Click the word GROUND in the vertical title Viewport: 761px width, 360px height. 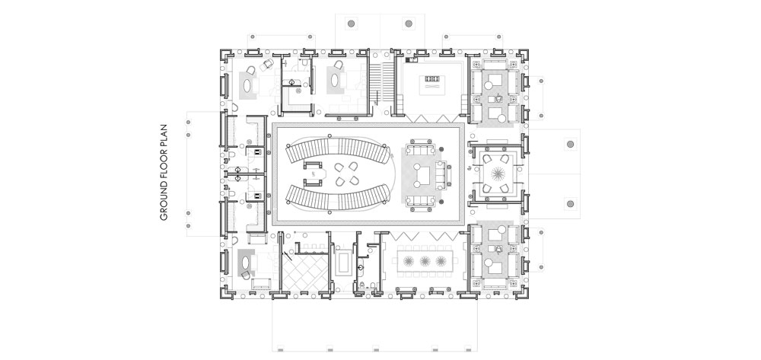(164, 204)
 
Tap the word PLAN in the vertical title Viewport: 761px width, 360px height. (164, 135)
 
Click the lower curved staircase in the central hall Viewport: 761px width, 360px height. (338, 197)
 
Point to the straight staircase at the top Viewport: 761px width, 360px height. (383, 83)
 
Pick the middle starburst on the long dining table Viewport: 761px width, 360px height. (425, 261)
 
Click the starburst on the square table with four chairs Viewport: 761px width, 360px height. (498, 174)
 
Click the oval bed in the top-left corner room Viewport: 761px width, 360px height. (248, 86)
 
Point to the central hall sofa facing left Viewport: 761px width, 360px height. (441, 174)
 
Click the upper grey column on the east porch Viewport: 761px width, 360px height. (570, 144)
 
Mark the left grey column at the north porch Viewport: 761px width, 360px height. (351, 23)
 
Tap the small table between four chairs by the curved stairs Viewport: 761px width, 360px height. (346, 174)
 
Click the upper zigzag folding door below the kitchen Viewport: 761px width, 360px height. (432, 119)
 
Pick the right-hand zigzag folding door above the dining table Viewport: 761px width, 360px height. (444, 235)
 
